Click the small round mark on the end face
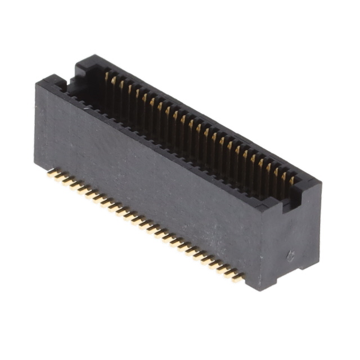click(290, 256)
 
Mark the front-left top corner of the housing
click(37, 83)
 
